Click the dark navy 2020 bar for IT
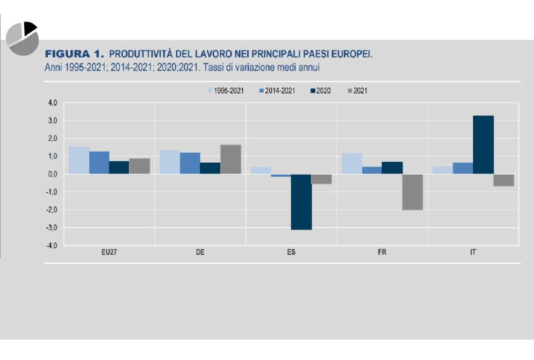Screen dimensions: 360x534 pyautogui.click(x=483, y=145)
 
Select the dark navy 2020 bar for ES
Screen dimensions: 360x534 pyautogui.click(x=301, y=202)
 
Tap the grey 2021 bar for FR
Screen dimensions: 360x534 pyautogui.click(x=413, y=192)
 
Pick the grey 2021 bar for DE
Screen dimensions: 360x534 pyautogui.click(x=230, y=159)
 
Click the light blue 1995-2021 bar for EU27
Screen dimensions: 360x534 pyautogui.click(x=79, y=160)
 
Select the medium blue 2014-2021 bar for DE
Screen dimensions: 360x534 pyautogui.click(x=190, y=163)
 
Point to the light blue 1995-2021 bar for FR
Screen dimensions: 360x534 pyautogui.click(x=352, y=163)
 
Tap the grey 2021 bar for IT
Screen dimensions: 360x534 pyautogui.click(x=503, y=180)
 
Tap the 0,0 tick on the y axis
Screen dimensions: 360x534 pyautogui.click(x=52, y=174)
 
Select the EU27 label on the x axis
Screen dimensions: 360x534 pyautogui.click(x=109, y=252)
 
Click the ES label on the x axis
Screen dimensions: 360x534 pyautogui.click(x=291, y=252)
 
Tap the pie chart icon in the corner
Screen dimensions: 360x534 pyautogui.click(x=22, y=38)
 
